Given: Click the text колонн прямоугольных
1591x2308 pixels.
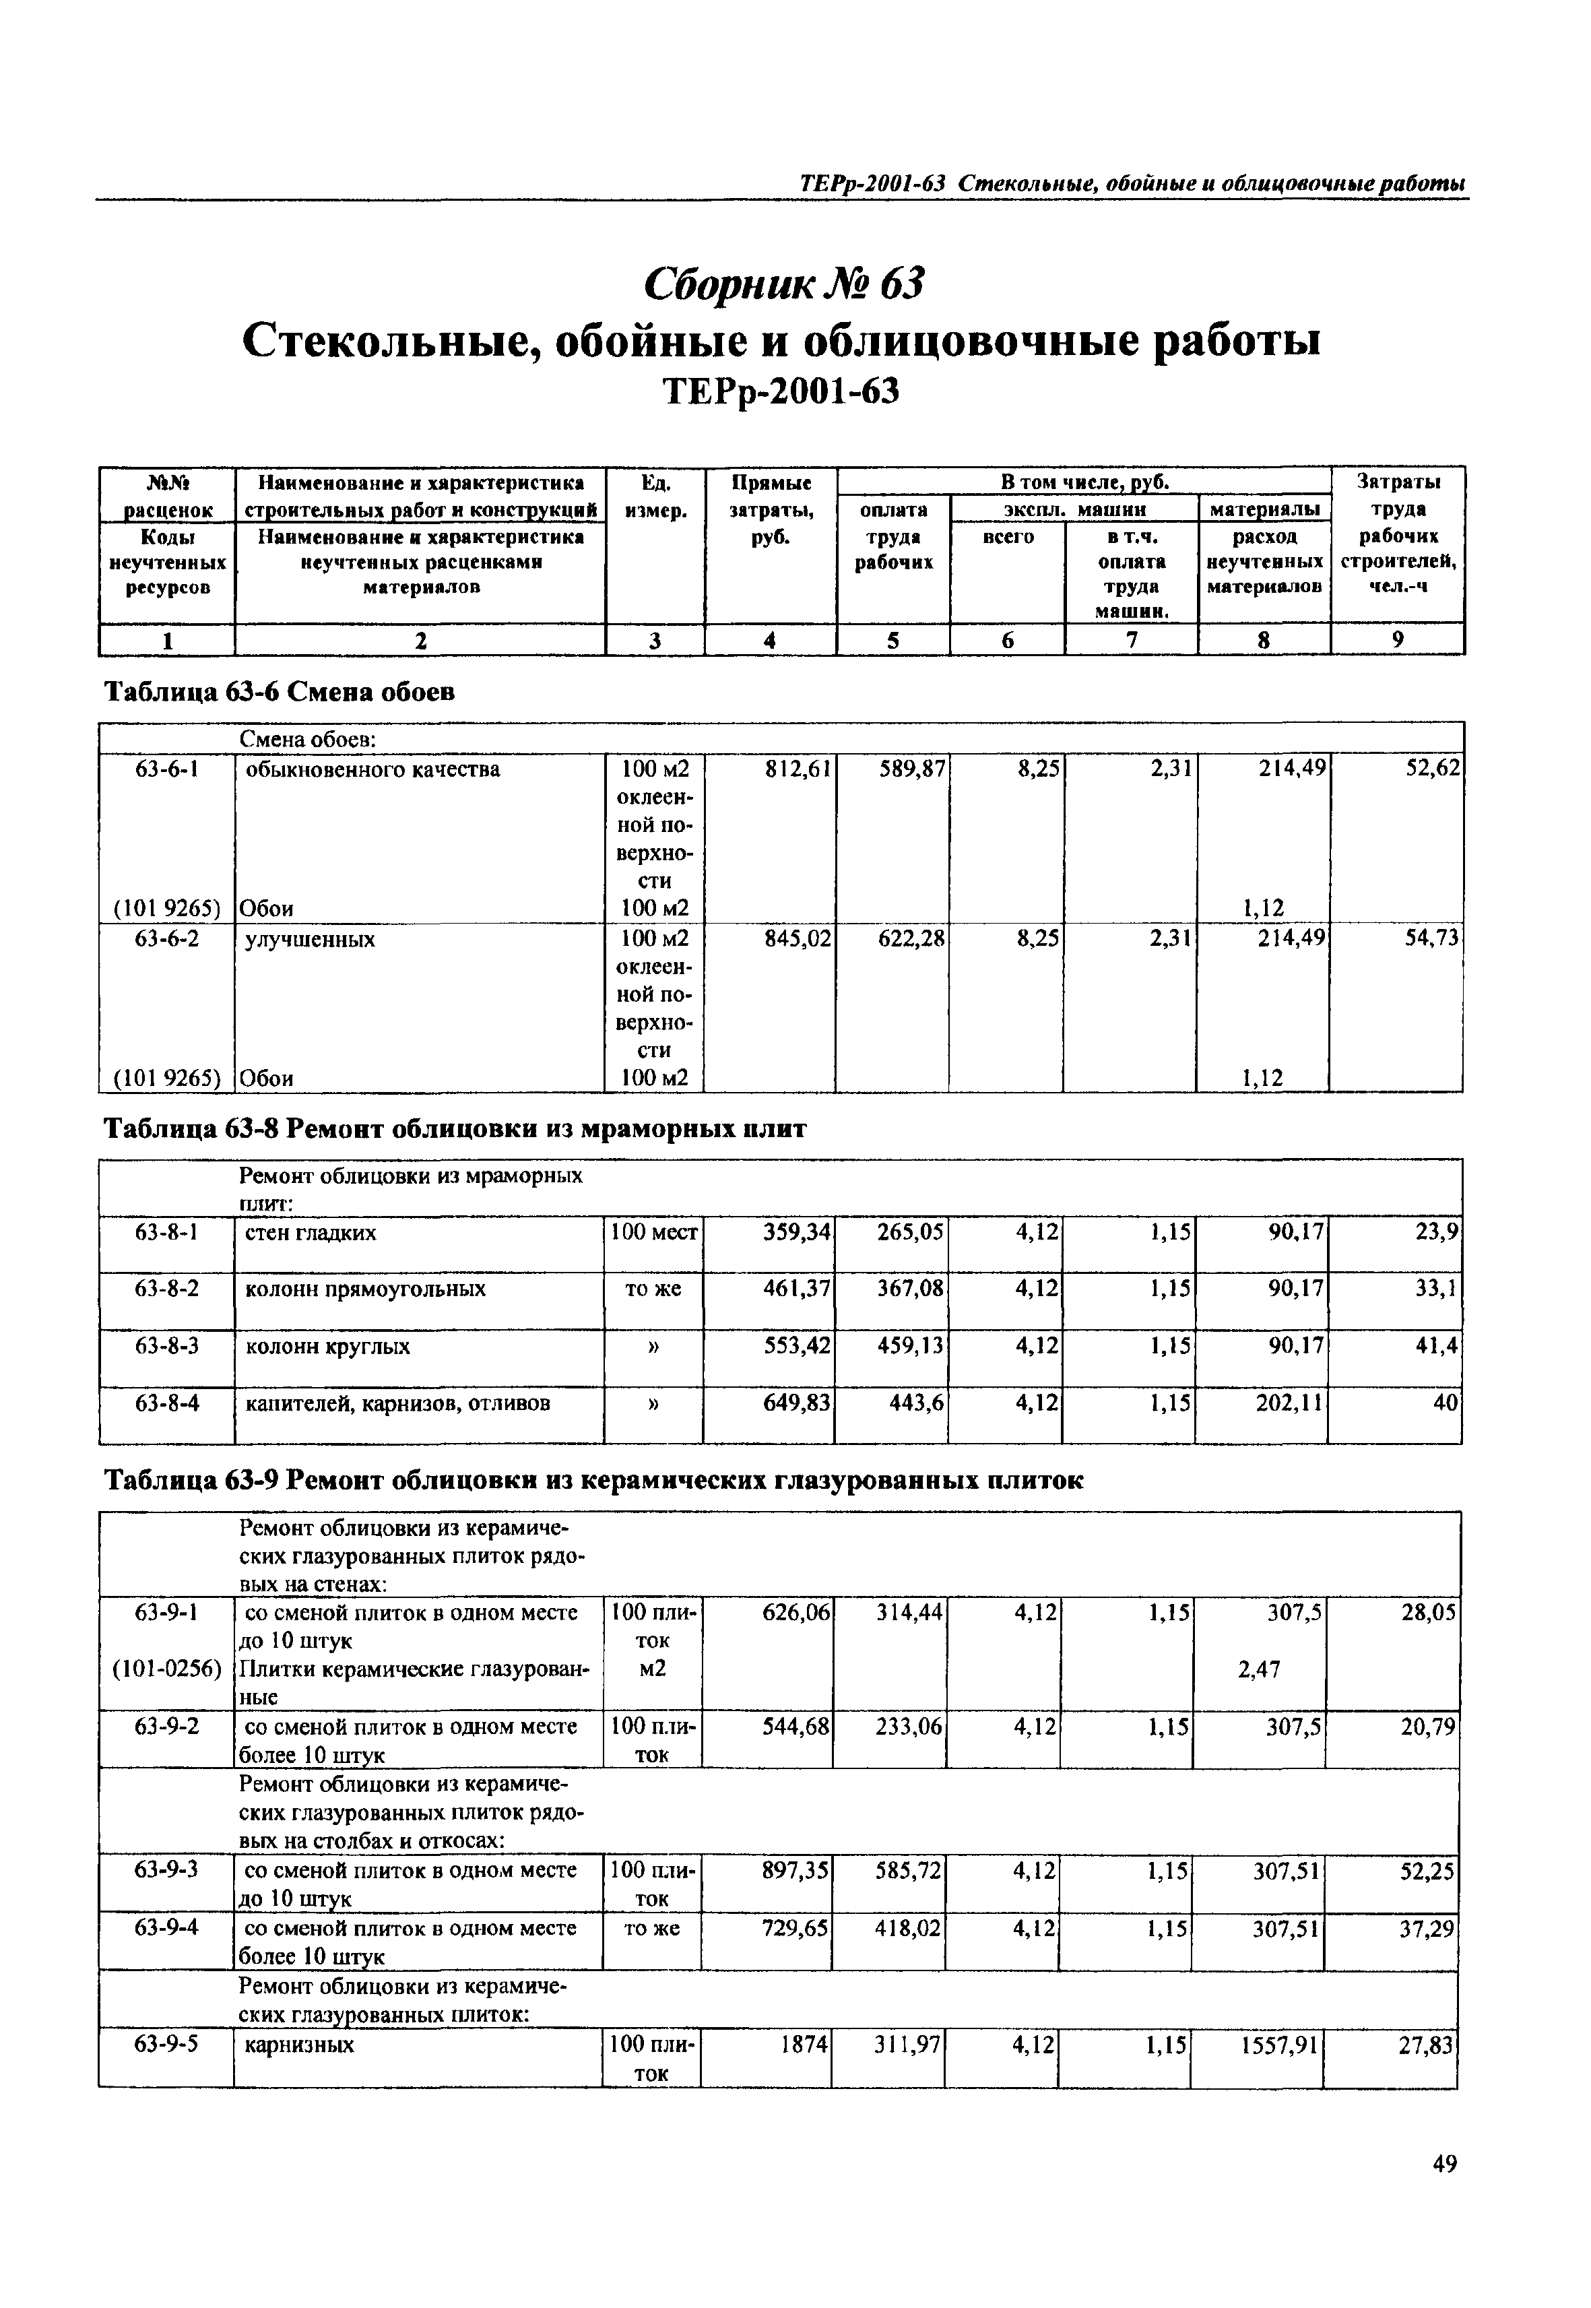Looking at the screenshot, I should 365,1289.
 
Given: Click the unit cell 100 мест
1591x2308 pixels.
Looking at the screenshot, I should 654,1233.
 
